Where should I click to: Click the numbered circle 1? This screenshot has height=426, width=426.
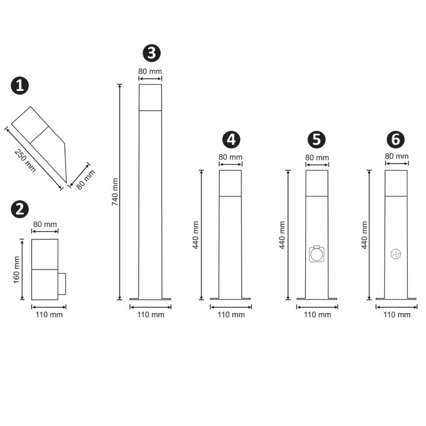(x=20, y=86)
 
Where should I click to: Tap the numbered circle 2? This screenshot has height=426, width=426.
(x=20, y=209)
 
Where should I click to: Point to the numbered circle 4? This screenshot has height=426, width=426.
(x=231, y=139)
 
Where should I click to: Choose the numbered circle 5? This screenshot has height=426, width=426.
(x=317, y=139)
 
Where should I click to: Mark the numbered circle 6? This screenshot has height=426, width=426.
(x=396, y=139)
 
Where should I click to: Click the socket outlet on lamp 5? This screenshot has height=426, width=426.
(x=317, y=254)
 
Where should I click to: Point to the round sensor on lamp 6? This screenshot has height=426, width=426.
(x=396, y=254)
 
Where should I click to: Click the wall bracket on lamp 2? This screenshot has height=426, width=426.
(x=62, y=285)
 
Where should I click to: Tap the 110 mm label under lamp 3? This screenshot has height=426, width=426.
(x=151, y=315)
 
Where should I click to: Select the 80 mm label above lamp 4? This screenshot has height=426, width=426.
(x=230, y=157)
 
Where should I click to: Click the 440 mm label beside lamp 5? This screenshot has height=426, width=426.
(x=283, y=235)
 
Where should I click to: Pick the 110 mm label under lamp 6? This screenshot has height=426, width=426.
(x=396, y=315)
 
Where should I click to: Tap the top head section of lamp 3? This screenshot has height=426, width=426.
(x=150, y=98)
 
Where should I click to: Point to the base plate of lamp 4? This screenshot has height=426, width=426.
(x=230, y=298)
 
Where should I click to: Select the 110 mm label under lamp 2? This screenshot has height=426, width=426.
(x=49, y=315)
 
